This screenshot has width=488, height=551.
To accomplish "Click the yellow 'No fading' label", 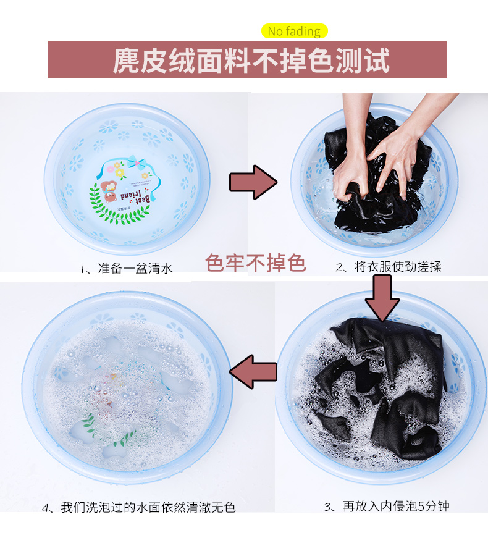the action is (x=295, y=32).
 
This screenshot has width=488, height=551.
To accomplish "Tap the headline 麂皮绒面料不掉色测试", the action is (x=251, y=61).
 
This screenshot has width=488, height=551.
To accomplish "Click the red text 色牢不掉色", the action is (x=255, y=263).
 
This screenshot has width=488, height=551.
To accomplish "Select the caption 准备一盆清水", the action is (x=135, y=268).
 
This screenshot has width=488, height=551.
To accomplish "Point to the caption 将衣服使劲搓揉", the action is (x=398, y=267).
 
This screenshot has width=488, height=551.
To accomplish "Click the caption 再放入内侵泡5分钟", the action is (x=396, y=507).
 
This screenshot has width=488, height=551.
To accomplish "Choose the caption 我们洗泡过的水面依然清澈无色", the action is (x=148, y=507).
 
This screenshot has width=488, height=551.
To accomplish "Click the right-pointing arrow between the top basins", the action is (x=253, y=182).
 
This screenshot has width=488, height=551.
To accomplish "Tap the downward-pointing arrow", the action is (x=382, y=298).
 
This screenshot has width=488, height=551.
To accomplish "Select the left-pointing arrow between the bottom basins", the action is (x=253, y=372).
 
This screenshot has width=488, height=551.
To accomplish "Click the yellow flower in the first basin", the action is (x=120, y=172).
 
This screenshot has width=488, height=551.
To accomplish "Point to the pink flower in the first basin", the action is (x=111, y=169).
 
